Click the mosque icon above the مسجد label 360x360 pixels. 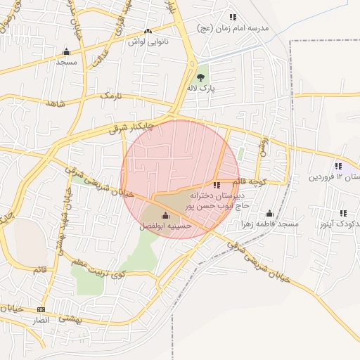(x=66, y=51)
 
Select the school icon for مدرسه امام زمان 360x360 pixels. (x=232, y=17)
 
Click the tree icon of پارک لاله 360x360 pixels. (x=200, y=77)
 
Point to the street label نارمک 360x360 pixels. (x=111, y=94)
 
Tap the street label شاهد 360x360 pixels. (x=56, y=103)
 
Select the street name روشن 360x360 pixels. (x=264, y=146)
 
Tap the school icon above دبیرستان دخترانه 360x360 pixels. (x=216, y=184)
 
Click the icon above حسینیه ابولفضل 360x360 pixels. (x=165, y=215)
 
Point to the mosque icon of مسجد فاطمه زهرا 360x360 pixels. (x=269, y=214)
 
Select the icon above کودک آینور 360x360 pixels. (x=343, y=213)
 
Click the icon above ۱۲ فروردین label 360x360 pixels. (x=338, y=166)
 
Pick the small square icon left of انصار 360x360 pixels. (x=41, y=309)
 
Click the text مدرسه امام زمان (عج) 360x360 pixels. (x=254, y=27)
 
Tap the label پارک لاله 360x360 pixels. (x=200, y=89)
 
